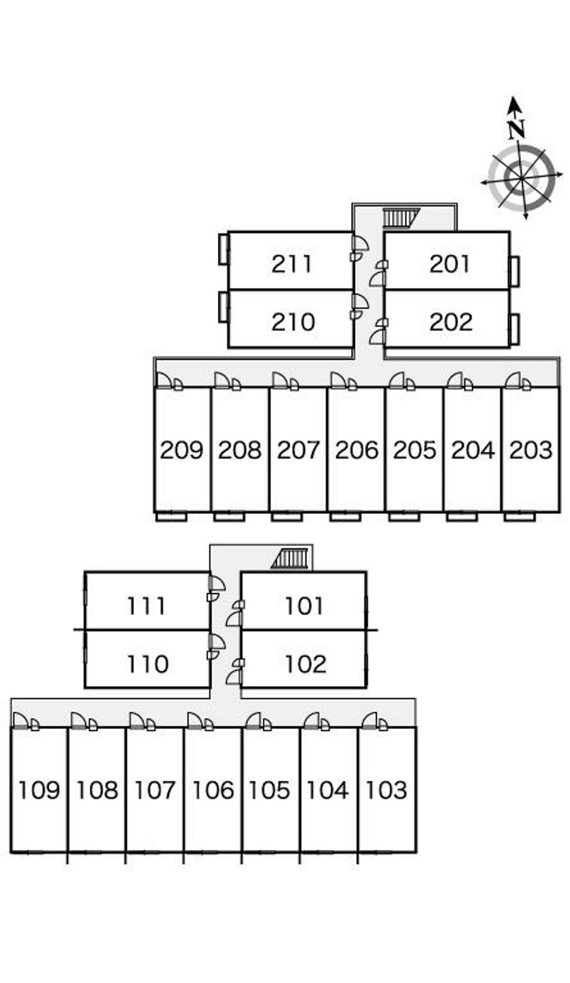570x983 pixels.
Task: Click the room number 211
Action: pyautogui.click(x=292, y=264)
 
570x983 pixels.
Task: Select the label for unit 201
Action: pyautogui.click(x=450, y=264)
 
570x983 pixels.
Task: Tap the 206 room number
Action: pyautogui.click(x=356, y=450)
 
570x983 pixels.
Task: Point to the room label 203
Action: pyautogui.click(x=531, y=450)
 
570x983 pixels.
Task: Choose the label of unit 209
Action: pyautogui.click(x=182, y=450)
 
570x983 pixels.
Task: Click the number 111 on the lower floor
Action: pyautogui.click(x=147, y=606)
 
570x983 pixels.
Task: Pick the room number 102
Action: pyautogui.click(x=306, y=664)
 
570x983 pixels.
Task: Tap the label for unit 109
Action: pyautogui.click(x=39, y=790)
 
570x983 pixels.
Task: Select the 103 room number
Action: pyautogui.click(x=386, y=790)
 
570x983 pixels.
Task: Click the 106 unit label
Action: pyautogui.click(x=213, y=790)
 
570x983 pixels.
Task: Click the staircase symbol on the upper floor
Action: pyautogui.click(x=400, y=217)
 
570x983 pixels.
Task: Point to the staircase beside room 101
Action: pyautogui.click(x=292, y=558)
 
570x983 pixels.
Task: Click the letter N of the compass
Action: pyautogui.click(x=517, y=129)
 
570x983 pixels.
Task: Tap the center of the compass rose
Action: pyautogui.click(x=521, y=175)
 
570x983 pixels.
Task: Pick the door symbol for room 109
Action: pyautogui.click(x=21, y=722)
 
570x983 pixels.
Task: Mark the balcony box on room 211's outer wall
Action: pyautogui.click(x=223, y=249)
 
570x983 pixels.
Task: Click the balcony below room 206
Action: pyautogui.click(x=345, y=516)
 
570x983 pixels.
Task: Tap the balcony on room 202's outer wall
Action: pyautogui.click(x=514, y=327)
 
